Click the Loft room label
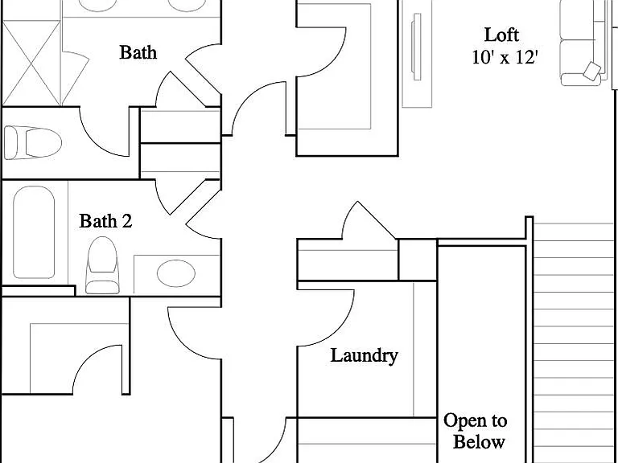click(501, 35)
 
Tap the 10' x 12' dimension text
click(505, 58)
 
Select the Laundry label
click(364, 355)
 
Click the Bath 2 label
click(105, 221)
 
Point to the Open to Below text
click(476, 431)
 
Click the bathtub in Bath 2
click(34, 232)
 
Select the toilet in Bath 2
click(102, 265)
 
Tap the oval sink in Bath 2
click(175, 273)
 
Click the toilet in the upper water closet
click(33, 142)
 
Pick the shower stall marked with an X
click(31, 63)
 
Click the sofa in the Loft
click(584, 43)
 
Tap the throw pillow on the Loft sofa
click(592, 71)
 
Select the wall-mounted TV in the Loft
click(417, 47)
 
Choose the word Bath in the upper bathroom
click(138, 52)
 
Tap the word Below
click(479, 441)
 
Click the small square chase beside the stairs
click(418, 260)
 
